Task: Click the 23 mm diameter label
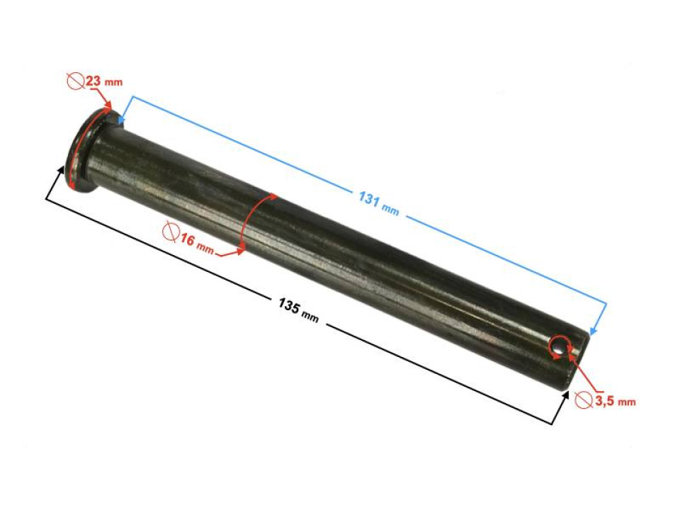(x=94, y=81)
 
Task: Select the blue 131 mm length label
(x=378, y=203)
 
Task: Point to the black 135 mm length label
(x=298, y=310)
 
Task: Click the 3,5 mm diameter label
(x=605, y=400)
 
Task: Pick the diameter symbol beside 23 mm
(x=76, y=81)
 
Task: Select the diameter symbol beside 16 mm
(x=171, y=232)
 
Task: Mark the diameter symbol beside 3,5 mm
(x=584, y=399)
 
